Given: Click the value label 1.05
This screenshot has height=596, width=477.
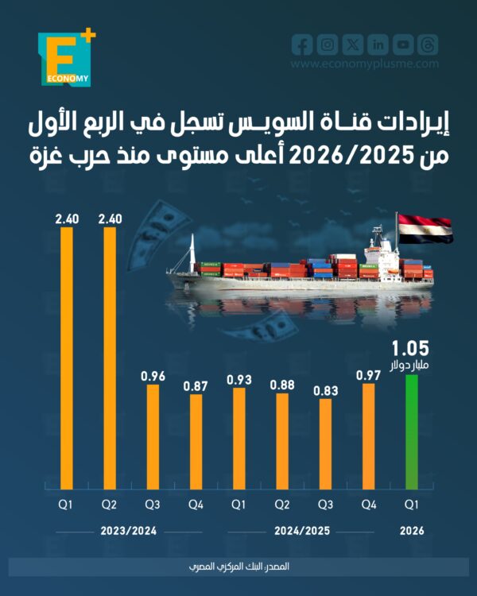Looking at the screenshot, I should pyautogui.click(x=410, y=347).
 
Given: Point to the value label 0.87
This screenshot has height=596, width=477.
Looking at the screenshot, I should pyautogui.click(x=196, y=385).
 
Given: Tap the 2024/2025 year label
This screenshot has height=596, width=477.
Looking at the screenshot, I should pyautogui.click(x=304, y=531).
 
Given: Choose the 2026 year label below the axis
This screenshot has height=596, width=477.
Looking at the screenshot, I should pyautogui.click(x=412, y=531).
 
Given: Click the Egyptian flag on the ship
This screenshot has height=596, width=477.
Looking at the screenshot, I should pyautogui.click(x=425, y=228).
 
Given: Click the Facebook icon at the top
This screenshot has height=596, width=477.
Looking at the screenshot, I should pyautogui.click(x=302, y=45).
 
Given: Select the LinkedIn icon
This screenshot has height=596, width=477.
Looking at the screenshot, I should pyautogui.click(x=378, y=45).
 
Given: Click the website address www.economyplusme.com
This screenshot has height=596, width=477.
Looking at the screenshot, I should pyautogui.click(x=364, y=65).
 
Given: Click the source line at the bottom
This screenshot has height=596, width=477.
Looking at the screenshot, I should pyautogui.click(x=238, y=566).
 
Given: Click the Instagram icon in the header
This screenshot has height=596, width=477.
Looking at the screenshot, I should pyautogui.click(x=328, y=45).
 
